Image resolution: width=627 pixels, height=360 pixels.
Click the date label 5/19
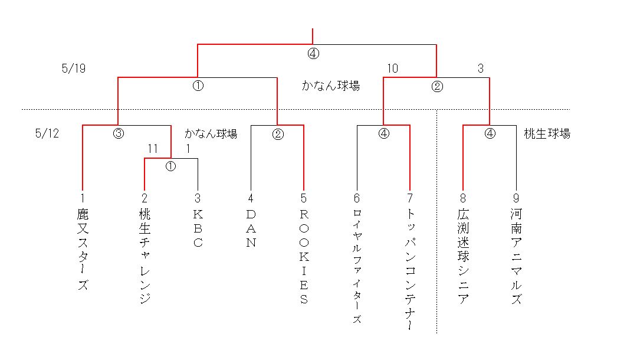74,69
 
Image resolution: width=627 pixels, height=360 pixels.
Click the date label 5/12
47,134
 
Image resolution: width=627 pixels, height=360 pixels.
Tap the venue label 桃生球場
547,134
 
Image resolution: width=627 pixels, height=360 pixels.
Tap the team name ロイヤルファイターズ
357,266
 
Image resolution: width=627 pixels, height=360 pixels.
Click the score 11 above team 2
153,149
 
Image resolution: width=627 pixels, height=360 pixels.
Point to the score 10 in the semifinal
392,69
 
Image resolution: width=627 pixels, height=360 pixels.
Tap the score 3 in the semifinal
481,69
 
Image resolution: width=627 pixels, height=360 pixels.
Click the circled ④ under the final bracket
313,54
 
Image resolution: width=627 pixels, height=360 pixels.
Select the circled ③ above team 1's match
118,134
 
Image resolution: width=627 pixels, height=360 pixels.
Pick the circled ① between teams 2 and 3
171,166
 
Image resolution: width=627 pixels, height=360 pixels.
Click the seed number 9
516,198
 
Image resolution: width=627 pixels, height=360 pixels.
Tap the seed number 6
357,198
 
